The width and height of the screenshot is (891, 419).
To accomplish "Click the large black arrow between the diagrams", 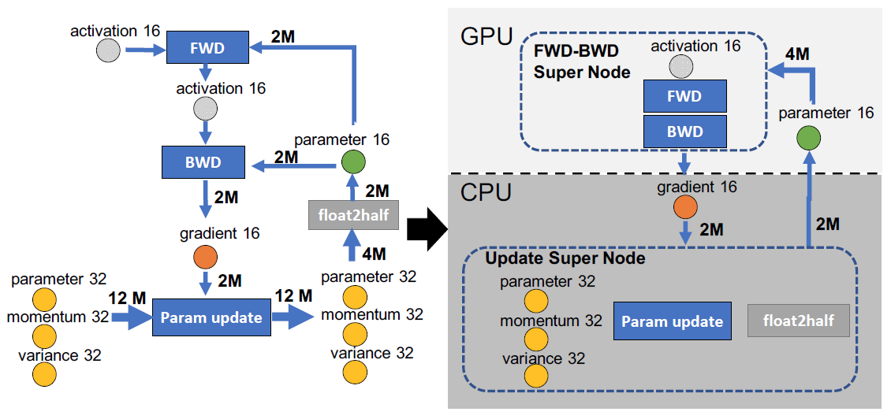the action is [427, 229].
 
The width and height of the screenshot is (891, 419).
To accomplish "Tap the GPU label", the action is [487, 38].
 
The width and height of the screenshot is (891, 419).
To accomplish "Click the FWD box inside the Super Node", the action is [684, 96].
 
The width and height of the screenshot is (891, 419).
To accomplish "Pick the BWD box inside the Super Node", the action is [684, 131].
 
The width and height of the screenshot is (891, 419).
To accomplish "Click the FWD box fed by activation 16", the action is [208, 47].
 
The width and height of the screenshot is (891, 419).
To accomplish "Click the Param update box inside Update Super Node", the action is [673, 322].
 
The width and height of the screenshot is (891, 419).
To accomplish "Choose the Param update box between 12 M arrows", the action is [211, 317].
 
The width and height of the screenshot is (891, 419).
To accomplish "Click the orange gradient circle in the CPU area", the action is [684, 207].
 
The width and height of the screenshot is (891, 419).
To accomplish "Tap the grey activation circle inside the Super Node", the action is [680, 67].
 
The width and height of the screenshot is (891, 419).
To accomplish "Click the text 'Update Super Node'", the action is [565, 259].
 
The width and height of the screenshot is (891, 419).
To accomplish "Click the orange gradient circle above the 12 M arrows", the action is [205, 258].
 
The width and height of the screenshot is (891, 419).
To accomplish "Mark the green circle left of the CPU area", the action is [353, 162].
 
